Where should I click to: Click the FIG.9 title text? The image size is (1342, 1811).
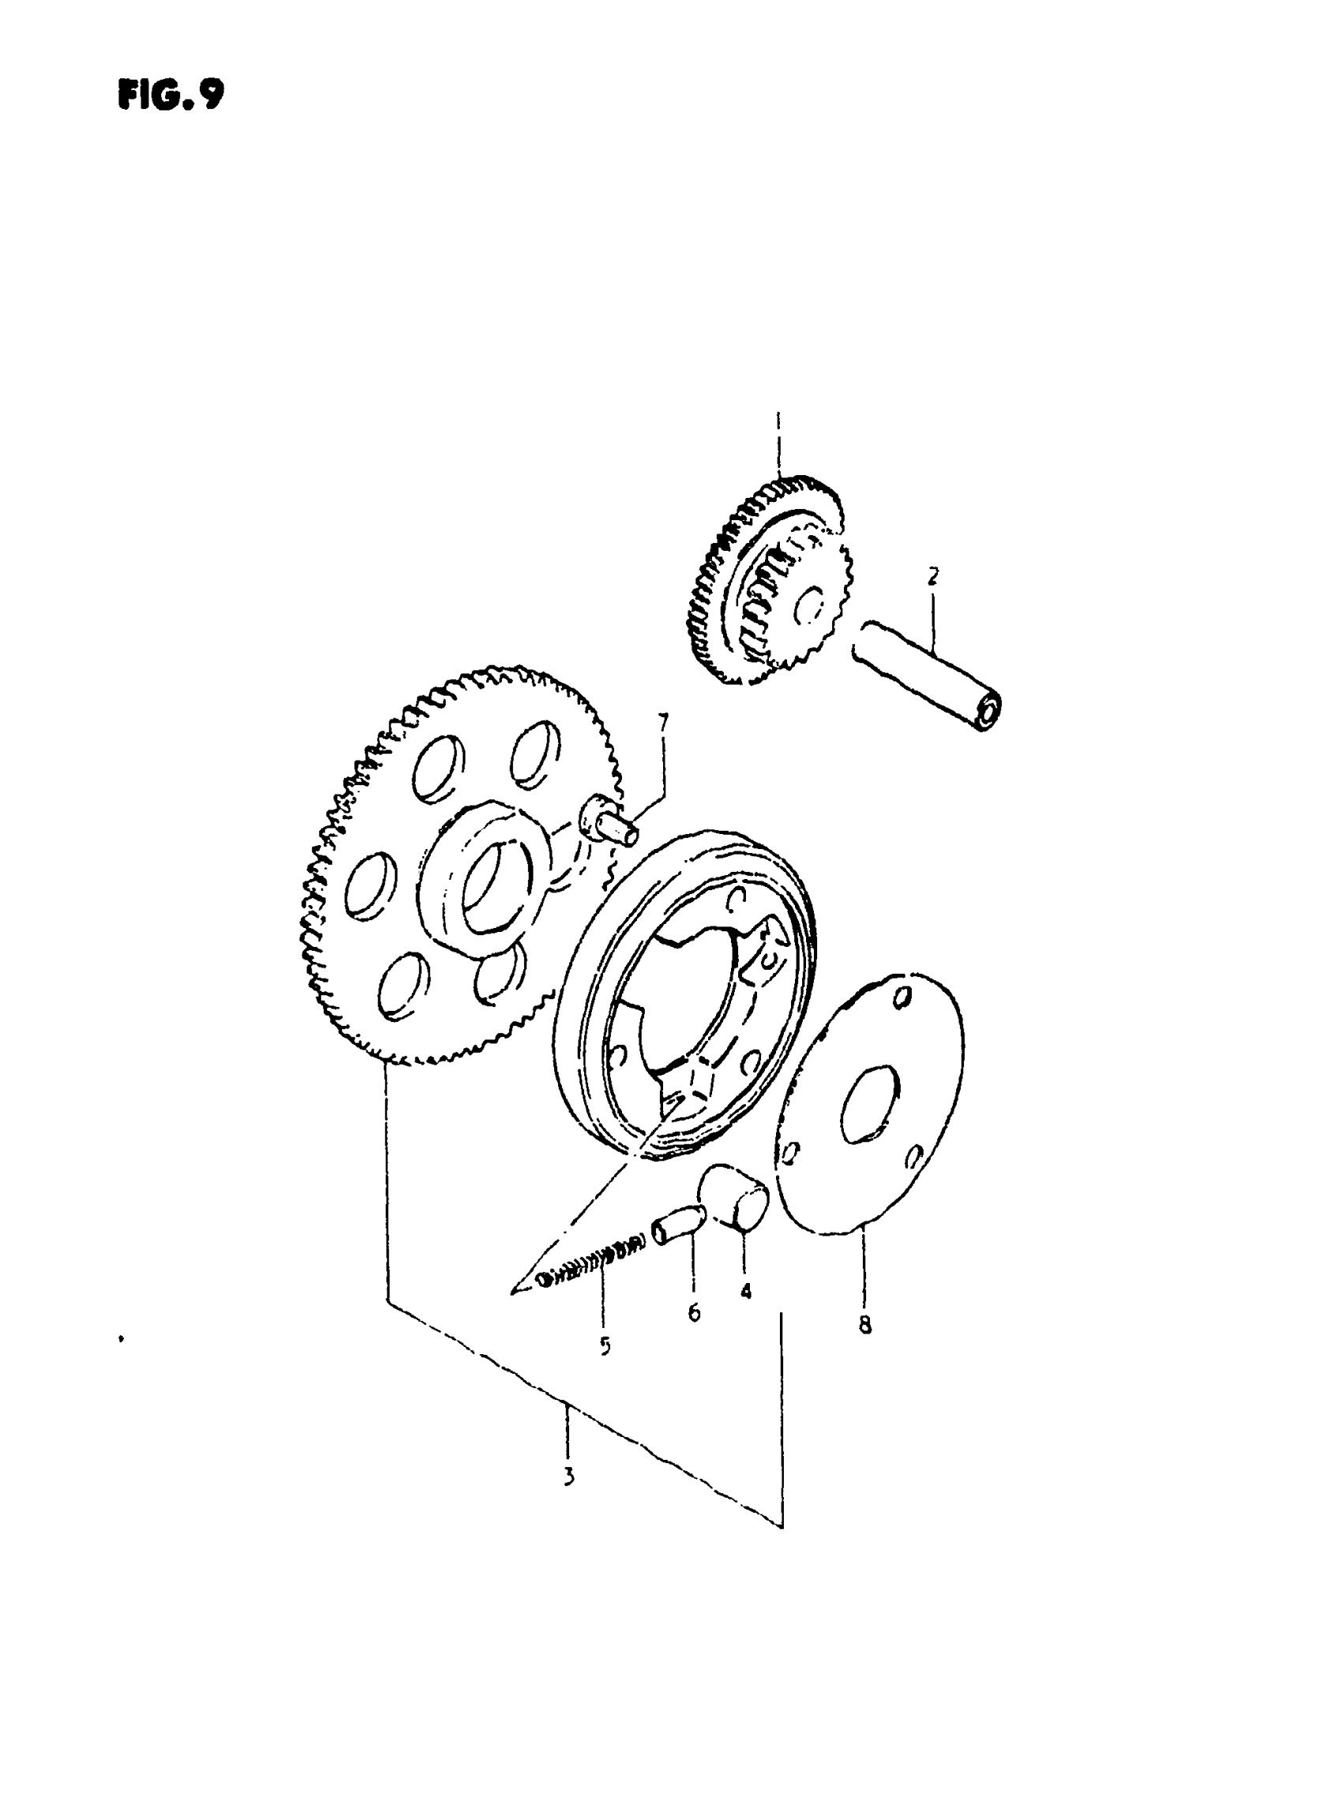click(x=170, y=95)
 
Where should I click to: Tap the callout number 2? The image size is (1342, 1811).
click(x=932, y=577)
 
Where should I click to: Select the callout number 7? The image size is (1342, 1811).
click(x=663, y=722)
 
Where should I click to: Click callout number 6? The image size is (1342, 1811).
click(x=694, y=1311)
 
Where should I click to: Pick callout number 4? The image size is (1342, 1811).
click(x=746, y=1290)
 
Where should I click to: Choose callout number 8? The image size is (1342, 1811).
click(x=865, y=1326)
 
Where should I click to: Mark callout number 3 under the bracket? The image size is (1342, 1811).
click(x=568, y=1476)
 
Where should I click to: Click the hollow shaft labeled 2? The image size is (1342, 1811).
click(x=926, y=674)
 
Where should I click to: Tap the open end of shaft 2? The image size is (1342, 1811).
click(x=988, y=713)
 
